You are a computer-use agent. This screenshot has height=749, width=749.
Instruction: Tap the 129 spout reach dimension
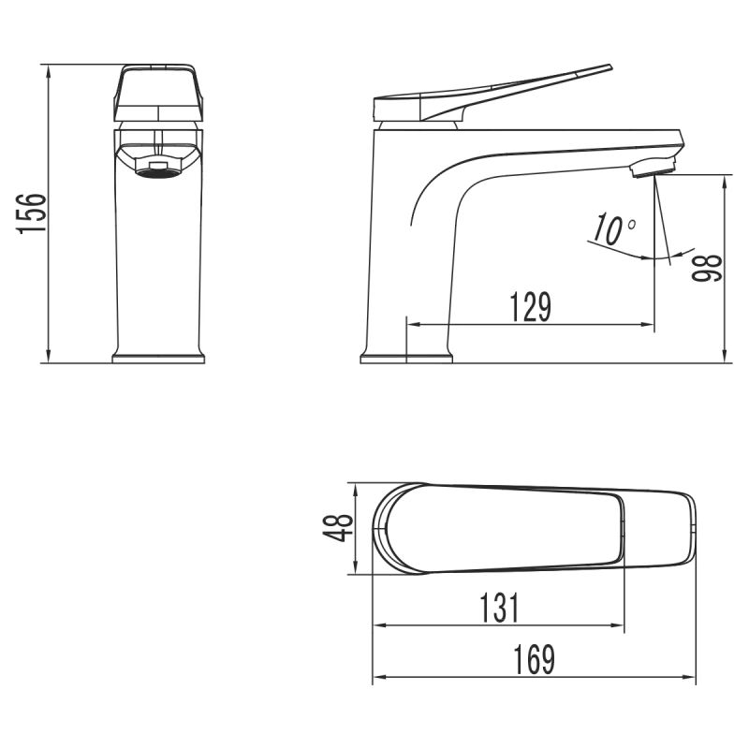point(530,307)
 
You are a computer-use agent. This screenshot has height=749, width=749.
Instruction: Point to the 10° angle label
point(613,229)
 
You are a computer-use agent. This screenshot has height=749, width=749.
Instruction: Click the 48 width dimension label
point(339,528)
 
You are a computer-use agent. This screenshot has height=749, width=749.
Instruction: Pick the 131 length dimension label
point(500,609)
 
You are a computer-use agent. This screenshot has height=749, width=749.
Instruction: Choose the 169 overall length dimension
point(536,662)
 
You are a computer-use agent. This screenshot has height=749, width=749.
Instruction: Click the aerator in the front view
point(157,167)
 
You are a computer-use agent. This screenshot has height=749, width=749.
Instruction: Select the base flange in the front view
point(157,358)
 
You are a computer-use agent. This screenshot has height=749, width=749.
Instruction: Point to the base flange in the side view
point(406,358)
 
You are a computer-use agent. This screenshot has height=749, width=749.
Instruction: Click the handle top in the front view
point(157,69)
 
